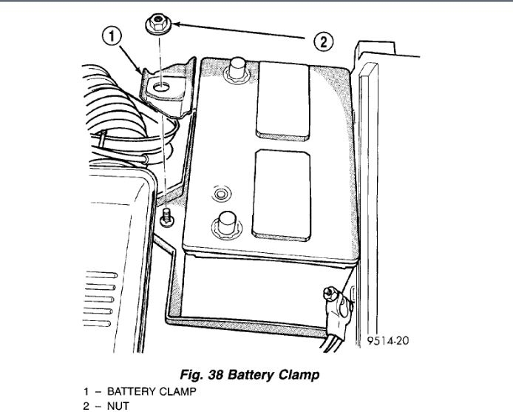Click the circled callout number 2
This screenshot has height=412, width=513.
[323, 42]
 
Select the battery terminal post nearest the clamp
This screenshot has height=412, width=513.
[237, 70]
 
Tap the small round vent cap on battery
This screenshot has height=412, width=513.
[218, 195]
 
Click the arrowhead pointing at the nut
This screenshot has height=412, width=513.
[178, 27]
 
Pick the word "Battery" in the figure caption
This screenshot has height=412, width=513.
[255, 374]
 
